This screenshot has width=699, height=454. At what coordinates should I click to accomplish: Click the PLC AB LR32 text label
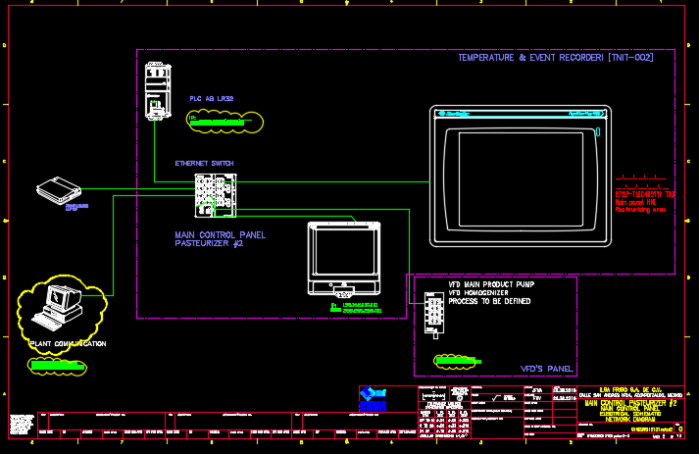pos(212,98)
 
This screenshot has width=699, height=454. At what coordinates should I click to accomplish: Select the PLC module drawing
pos(157,91)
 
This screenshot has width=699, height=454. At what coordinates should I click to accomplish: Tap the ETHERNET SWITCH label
pos(204,163)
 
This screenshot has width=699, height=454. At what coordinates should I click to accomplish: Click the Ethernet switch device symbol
pos(215,195)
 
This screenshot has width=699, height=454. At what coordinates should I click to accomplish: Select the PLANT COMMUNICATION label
pos(69,344)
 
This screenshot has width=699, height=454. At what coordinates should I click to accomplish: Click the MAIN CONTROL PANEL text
pos(220,234)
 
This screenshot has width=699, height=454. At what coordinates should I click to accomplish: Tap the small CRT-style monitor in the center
pos(343,259)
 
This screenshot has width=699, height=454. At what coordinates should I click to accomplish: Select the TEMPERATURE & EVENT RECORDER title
pos(555,58)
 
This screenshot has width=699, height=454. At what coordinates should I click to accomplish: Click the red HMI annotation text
pos(645,202)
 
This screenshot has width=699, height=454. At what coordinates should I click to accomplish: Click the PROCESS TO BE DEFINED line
pos(490,301)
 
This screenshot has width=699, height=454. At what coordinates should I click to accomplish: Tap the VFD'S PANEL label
pos(546,369)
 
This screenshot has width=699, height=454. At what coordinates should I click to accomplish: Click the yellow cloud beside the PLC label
pos(226,121)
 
